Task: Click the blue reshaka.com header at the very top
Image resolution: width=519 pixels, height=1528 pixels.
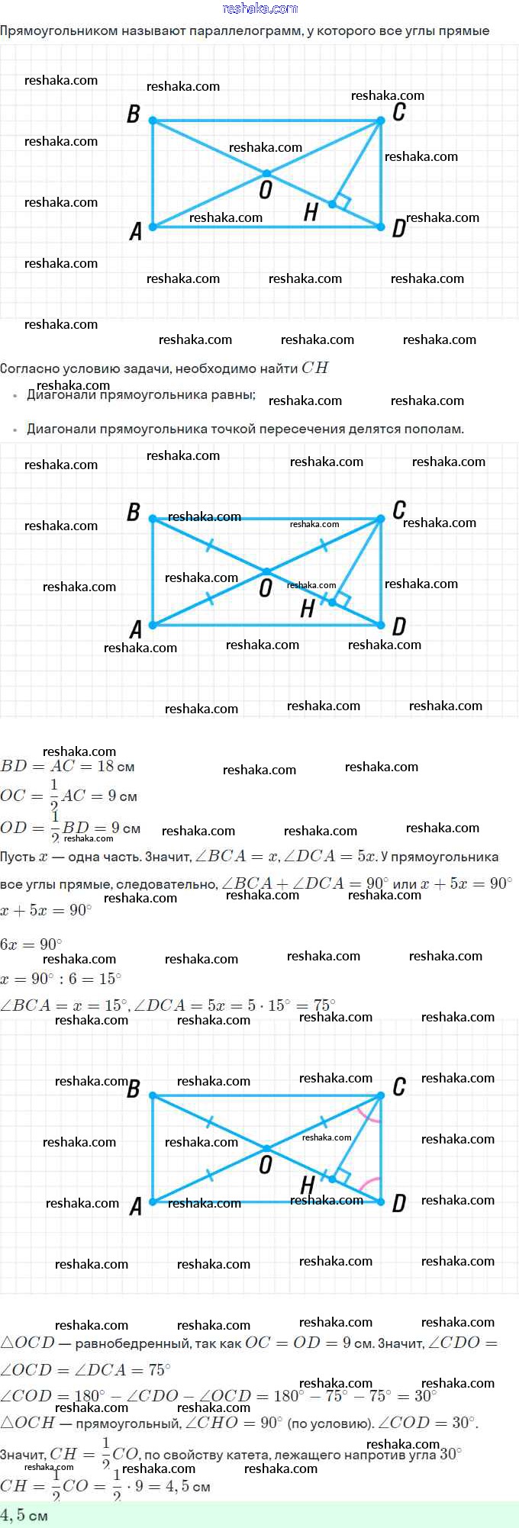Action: pos(259,8)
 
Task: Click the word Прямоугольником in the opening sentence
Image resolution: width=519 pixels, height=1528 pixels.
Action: pos(59,31)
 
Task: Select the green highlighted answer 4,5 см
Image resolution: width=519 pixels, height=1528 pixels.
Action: pos(24,1515)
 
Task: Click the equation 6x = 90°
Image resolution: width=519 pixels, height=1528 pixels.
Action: pos(31,944)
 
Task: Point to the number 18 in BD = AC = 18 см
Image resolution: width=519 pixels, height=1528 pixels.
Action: pos(105,767)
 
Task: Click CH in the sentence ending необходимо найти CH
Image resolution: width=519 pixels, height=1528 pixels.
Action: pos(314,368)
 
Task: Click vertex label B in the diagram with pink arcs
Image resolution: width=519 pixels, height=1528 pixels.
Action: pos(134,1089)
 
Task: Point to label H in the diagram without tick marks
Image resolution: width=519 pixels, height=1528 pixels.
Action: pos(310,213)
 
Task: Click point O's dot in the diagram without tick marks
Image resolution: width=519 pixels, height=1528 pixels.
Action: pos(266,174)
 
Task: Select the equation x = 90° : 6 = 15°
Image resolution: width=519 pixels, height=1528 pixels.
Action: pos(61,979)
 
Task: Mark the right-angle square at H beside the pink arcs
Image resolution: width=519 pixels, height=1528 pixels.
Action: pos(342,1176)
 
